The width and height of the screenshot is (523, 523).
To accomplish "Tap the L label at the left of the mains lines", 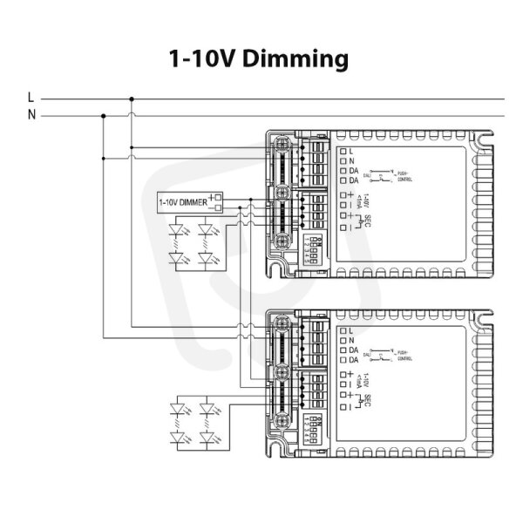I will [x=31, y=98].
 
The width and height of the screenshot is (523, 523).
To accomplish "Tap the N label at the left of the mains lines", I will [x=31, y=114].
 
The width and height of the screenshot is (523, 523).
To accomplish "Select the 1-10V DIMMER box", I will [x=183, y=202].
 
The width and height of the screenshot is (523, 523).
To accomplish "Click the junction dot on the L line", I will [x=132, y=98].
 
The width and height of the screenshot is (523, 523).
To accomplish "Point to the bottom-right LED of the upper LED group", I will [x=207, y=258].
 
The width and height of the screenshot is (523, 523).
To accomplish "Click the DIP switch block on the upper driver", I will [x=312, y=248].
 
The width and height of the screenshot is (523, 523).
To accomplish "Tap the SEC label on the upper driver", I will [x=370, y=221].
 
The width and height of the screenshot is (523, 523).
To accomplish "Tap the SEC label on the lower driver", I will [x=370, y=400].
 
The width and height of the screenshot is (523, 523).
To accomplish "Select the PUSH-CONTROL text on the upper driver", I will [x=403, y=176].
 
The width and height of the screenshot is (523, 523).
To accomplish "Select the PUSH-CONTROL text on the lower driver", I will [x=403, y=354].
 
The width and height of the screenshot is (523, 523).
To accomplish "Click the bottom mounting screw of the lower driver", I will [x=282, y=418].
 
